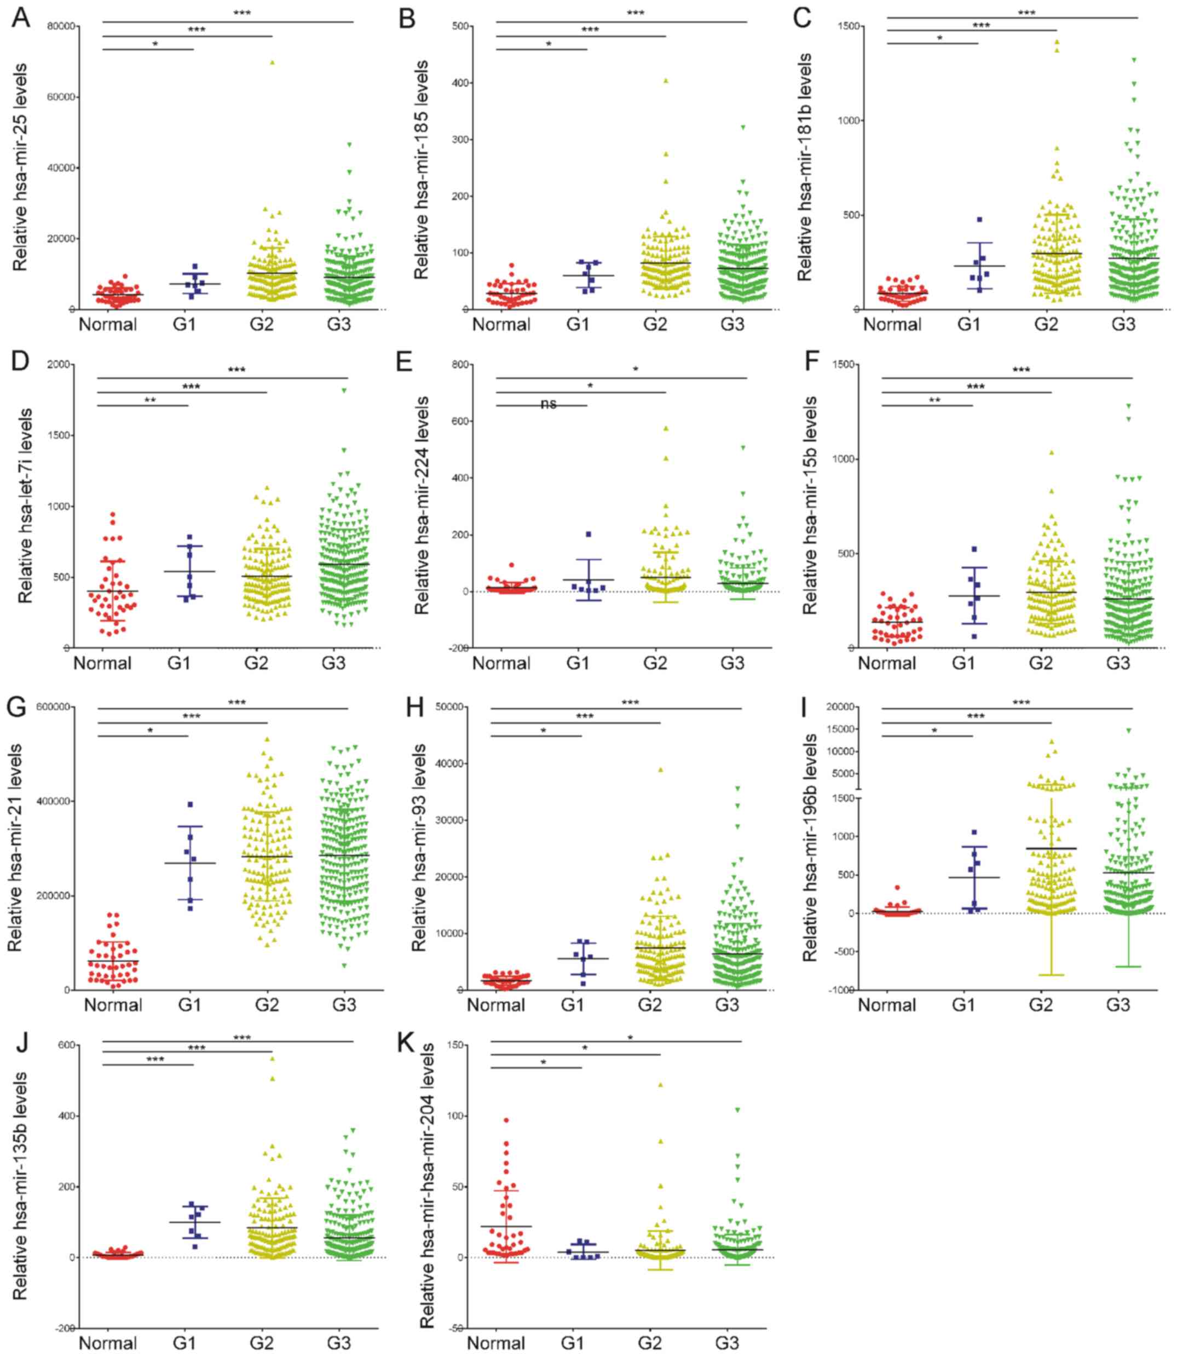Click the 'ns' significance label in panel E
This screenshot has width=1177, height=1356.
pyautogui.click(x=549, y=404)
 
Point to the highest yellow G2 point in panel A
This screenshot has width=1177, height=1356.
pyautogui.click(x=272, y=62)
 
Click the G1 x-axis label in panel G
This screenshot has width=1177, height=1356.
pyautogui.click(x=190, y=1004)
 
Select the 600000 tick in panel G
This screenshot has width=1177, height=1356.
pyautogui.click(x=56, y=706)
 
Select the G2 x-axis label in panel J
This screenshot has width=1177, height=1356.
pyautogui.click(x=262, y=1343)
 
